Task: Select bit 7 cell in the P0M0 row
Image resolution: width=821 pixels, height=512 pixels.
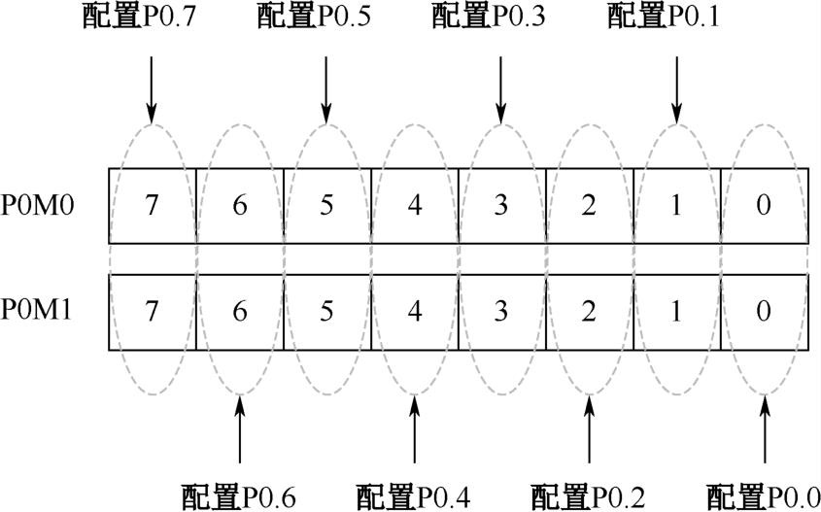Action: (x=153, y=205)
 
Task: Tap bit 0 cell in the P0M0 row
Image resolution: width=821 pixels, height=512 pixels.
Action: (x=764, y=205)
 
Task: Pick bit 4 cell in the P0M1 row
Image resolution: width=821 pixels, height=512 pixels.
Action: (x=415, y=312)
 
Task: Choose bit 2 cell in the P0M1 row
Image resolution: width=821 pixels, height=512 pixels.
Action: (x=590, y=312)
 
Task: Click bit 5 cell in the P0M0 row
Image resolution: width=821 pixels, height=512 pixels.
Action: (x=327, y=205)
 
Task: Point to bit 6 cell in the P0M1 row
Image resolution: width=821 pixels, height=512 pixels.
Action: (x=240, y=312)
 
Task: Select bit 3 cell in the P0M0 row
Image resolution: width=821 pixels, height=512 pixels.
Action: (x=502, y=205)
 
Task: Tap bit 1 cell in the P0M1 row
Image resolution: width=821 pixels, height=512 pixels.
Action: (x=677, y=312)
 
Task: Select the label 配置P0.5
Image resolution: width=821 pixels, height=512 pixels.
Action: (x=314, y=17)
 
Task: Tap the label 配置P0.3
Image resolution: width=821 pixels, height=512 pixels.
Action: (x=489, y=17)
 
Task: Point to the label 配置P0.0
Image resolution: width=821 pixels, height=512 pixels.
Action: (x=763, y=495)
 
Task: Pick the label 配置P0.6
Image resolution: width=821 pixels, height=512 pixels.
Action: (x=238, y=495)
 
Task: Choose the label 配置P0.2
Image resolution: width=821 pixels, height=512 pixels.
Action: (x=588, y=495)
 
